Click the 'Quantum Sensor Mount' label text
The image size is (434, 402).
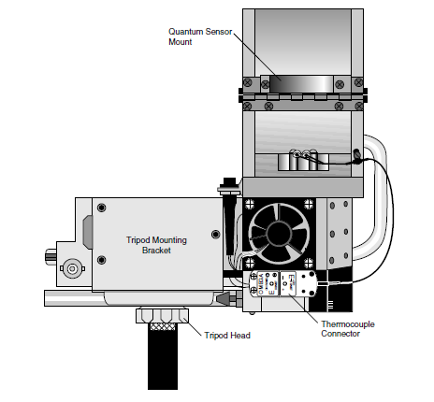click(x=200, y=36)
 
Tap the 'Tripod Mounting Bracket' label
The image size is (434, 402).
click(x=156, y=245)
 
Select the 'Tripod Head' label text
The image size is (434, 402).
click(x=227, y=336)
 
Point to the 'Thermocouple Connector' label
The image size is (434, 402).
click(x=348, y=329)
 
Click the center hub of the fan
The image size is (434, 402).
click(x=279, y=234)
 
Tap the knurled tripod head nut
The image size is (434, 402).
click(x=162, y=315)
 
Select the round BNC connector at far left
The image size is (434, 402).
click(x=72, y=268)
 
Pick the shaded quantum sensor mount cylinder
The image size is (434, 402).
click(x=301, y=84)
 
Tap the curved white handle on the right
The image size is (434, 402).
click(x=372, y=197)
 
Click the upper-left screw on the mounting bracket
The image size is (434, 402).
click(x=101, y=208)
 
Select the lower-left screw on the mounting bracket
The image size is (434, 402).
click(x=101, y=260)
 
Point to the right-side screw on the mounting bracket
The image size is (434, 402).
click(x=215, y=234)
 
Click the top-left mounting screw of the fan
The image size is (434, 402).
click(x=250, y=205)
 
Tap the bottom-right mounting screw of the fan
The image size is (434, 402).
click(x=309, y=263)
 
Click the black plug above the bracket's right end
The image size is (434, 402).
click(x=229, y=182)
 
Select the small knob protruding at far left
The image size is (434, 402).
click(x=51, y=255)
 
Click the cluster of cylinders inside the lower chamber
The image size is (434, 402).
click(x=303, y=160)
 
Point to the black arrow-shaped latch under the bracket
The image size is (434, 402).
click(x=223, y=298)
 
